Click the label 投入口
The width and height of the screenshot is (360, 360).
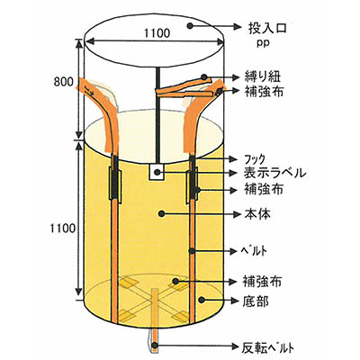tap(267, 28)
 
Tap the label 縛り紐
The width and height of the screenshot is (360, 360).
tap(263, 76)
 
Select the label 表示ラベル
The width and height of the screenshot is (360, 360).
tap(274, 173)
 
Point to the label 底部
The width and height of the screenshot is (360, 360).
tap(256, 301)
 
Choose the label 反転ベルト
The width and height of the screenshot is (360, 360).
tap(268, 347)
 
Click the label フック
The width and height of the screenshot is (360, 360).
tap(255, 158)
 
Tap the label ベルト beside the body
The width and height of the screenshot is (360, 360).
tap(255, 251)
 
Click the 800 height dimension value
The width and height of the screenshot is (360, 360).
tap(63, 82)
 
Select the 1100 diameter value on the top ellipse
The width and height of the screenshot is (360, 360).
tap(157, 33)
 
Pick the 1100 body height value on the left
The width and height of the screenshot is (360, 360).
tap(62, 229)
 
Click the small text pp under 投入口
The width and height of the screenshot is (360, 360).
tap(263, 43)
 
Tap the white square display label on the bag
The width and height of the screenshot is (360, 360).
tap(157, 172)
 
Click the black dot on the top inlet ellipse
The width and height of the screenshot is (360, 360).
tap(190, 26)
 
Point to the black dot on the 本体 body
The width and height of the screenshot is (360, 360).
tap(162, 213)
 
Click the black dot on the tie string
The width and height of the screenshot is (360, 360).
tap(204, 77)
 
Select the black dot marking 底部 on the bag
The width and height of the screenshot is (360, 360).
tap(202, 300)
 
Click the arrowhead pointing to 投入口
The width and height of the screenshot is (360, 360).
tap(238, 27)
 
